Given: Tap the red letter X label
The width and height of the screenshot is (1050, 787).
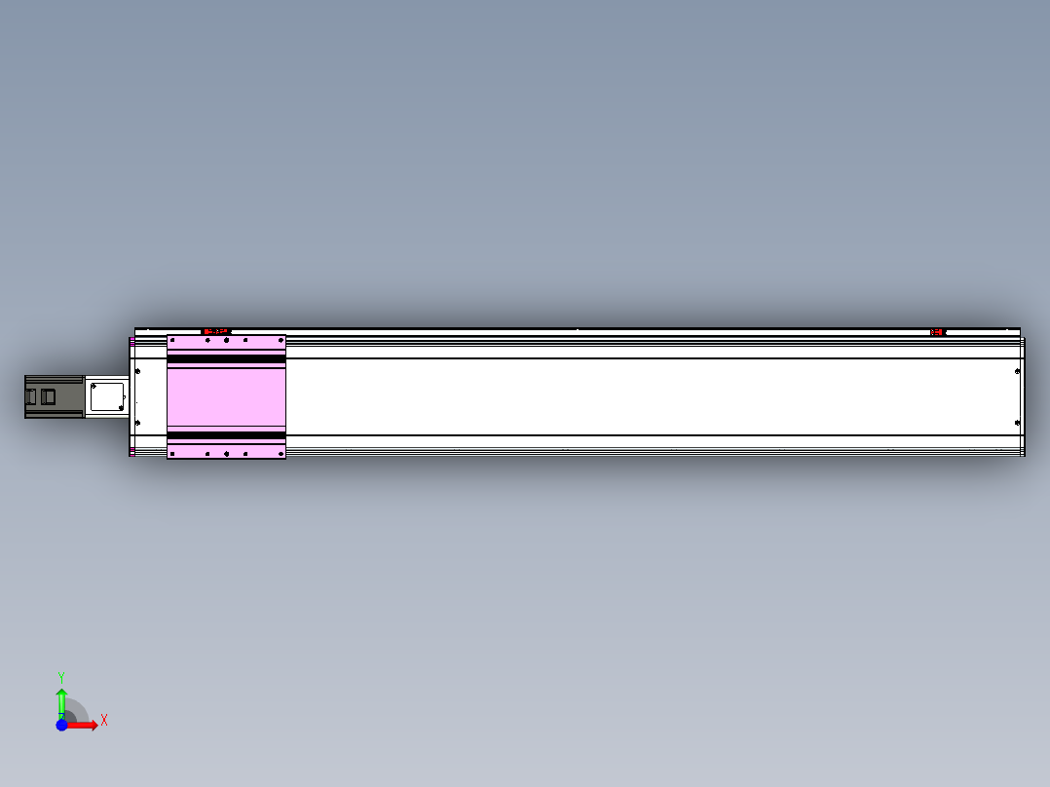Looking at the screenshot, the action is tap(104, 721).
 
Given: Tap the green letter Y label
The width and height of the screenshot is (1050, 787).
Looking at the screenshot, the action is tap(61, 678).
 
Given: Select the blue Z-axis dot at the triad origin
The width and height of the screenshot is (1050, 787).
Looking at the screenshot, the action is tap(61, 725).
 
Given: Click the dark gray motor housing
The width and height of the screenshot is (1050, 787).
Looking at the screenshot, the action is tap(55, 396).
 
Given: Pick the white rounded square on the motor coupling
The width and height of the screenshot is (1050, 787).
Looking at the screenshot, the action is tap(107, 396).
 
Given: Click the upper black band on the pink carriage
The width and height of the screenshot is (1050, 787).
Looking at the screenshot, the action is tap(226, 359).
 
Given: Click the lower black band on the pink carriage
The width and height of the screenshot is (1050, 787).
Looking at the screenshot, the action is tap(226, 435).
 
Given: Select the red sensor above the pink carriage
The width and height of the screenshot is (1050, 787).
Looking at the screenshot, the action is tap(216, 331).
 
